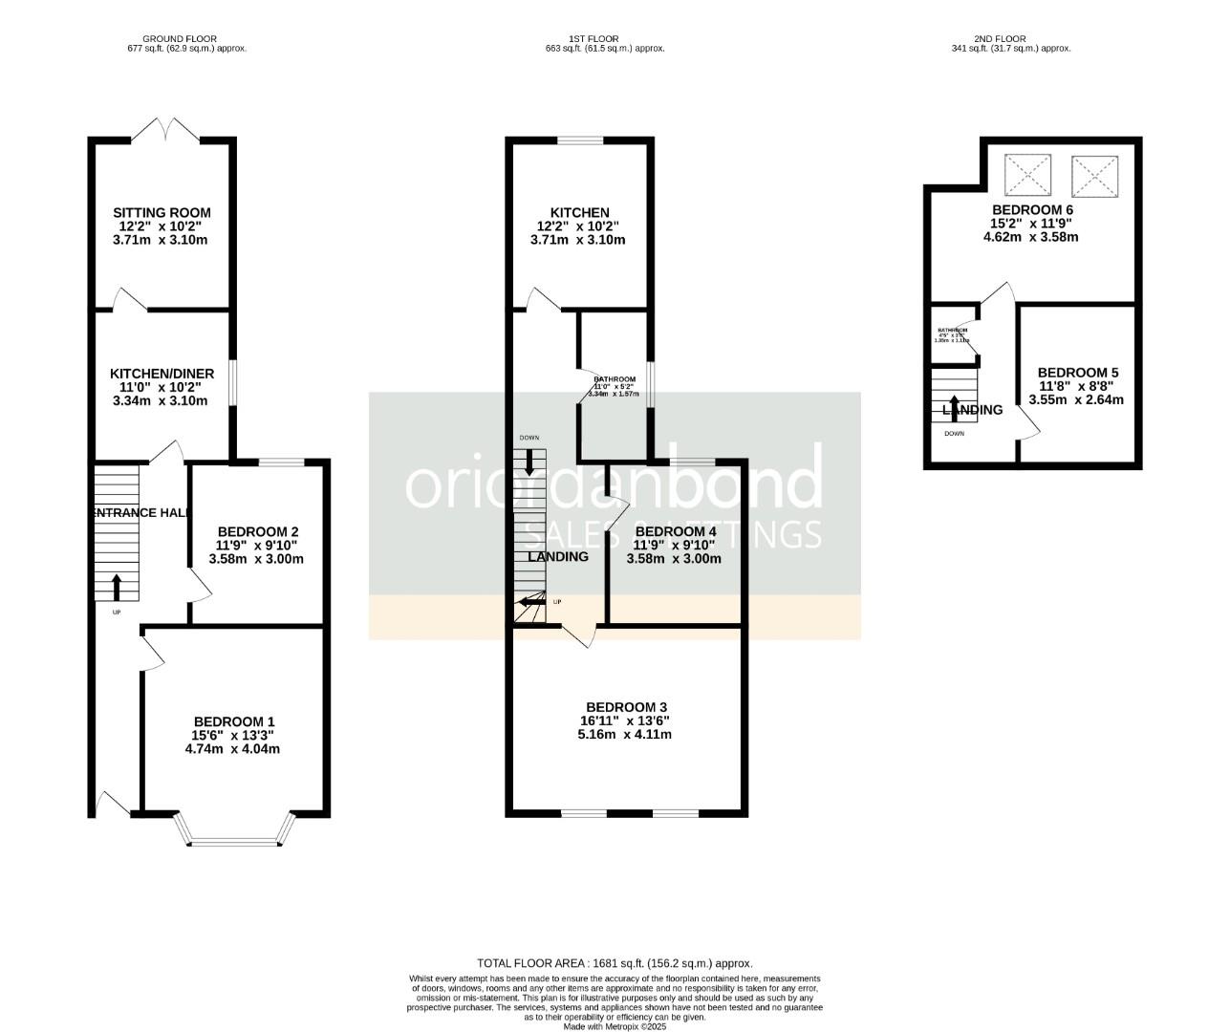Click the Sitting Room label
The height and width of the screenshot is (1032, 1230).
tap(162, 213)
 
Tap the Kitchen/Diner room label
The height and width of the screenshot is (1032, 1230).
tap(162, 374)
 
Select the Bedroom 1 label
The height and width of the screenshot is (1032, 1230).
tap(234, 721)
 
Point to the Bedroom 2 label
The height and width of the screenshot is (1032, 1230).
tap(258, 532)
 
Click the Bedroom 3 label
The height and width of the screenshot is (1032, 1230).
tap(626, 707)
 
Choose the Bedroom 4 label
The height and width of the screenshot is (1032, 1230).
tap(675, 532)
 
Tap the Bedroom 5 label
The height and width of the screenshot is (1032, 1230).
tap(1077, 373)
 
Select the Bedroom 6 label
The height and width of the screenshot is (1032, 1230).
tap(1032, 210)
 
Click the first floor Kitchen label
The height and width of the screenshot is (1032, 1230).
tap(579, 213)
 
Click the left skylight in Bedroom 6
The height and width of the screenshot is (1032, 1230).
tap(1026, 176)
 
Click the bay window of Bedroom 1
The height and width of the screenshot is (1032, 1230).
tap(234, 839)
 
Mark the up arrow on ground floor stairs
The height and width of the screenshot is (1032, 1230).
tap(117, 586)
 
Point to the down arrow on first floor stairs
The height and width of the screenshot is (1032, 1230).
tap(529, 462)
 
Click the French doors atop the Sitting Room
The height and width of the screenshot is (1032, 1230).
tap(165, 130)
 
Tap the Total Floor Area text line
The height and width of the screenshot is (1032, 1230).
tap(615, 963)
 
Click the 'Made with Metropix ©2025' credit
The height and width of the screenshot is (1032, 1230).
tap(615, 1026)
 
